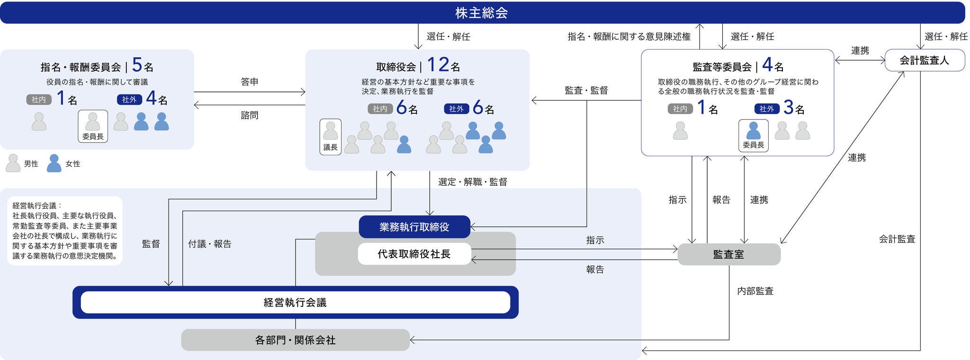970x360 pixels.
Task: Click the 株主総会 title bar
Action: click(x=482, y=13)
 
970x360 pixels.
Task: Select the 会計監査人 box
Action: click(x=924, y=61)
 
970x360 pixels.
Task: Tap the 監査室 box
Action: click(x=728, y=254)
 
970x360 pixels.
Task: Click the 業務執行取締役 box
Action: click(x=414, y=227)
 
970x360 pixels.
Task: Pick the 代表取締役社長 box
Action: click(x=414, y=254)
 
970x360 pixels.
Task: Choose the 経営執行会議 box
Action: click(x=295, y=302)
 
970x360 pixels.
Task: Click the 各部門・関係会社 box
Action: click(x=295, y=340)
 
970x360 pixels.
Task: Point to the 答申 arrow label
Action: click(x=250, y=82)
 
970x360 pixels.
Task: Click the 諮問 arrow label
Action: click(x=250, y=115)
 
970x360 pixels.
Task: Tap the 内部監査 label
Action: click(x=755, y=291)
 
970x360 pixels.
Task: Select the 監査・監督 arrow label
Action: click(x=586, y=90)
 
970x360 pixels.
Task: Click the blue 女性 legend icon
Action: click(x=54, y=163)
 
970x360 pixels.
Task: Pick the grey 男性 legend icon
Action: click(x=13, y=163)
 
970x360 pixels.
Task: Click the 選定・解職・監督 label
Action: click(x=472, y=182)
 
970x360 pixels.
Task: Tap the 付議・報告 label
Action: click(x=209, y=244)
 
